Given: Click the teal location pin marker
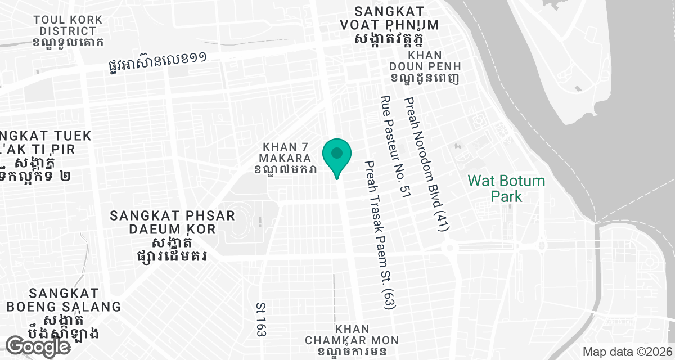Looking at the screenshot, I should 337,158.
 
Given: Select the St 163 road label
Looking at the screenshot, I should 260,319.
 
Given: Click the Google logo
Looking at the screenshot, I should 38,346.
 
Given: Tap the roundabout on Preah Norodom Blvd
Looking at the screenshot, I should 449,247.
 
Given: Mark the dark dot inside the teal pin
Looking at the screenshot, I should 337,152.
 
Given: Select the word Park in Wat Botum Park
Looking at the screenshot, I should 507,196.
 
